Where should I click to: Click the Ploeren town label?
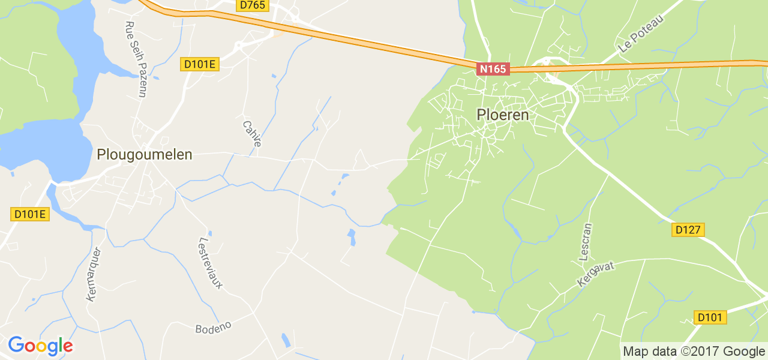(x=503, y=115)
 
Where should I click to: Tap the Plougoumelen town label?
(x=145, y=155)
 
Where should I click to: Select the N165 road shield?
(x=493, y=69)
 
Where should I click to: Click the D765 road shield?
(x=252, y=5)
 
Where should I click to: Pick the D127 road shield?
(x=688, y=230)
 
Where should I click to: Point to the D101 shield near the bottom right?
(x=710, y=317)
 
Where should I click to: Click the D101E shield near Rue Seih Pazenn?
(x=200, y=64)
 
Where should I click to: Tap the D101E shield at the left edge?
(x=30, y=214)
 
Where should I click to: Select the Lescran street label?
(x=586, y=241)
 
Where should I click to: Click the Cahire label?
(x=252, y=134)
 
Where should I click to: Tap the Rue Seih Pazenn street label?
(x=135, y=59)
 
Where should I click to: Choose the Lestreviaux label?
(x=210, y=263)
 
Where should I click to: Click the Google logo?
(x=40, y=346)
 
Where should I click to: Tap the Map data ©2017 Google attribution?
(x=694, y=352)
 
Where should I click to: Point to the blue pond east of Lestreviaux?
(x=352, y=237)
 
